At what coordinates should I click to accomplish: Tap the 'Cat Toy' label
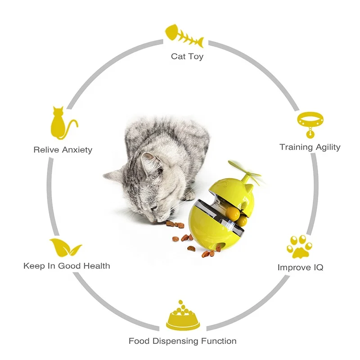[x=187, y=56]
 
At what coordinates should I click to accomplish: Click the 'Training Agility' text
[x=310, y=147]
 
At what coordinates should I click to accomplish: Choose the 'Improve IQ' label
[x=300, y=267]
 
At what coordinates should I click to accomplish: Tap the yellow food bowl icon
[x=182, y=316]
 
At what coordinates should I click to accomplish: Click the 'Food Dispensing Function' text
[x=182, y=341]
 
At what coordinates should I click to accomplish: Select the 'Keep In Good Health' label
[x=67, y=266]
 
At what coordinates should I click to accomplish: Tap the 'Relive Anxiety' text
[x=63, y=149]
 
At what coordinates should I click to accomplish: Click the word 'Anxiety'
[x=76, y=149]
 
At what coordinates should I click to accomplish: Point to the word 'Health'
[x=96, y=266]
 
